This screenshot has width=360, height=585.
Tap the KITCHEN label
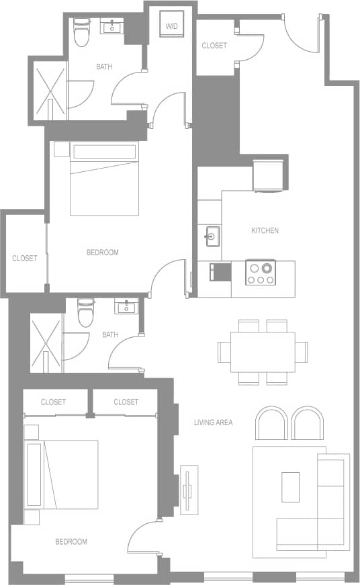(x=265, y=230)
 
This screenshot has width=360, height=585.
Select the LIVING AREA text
(x=213, y=422)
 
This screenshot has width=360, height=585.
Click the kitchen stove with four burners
(x=260, y=272)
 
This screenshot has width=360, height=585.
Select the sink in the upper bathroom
(x=111, y=28)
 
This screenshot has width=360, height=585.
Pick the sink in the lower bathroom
(x=126, y=307)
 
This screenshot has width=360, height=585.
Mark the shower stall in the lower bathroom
(x=46, y=343)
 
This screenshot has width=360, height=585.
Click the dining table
(x=263, y=352)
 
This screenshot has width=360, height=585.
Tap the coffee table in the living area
(x=291, y=487)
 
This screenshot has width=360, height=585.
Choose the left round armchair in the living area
(x=272, y=423)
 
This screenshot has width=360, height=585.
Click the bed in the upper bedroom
(x=104, y=180)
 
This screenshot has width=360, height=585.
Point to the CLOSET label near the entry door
(x=214, y=46)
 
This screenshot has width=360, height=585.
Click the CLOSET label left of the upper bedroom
(x=25, y=258)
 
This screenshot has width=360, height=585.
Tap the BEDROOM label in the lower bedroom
(x=71, y=541)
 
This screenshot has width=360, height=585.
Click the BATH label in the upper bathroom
(x=104, y=66)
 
